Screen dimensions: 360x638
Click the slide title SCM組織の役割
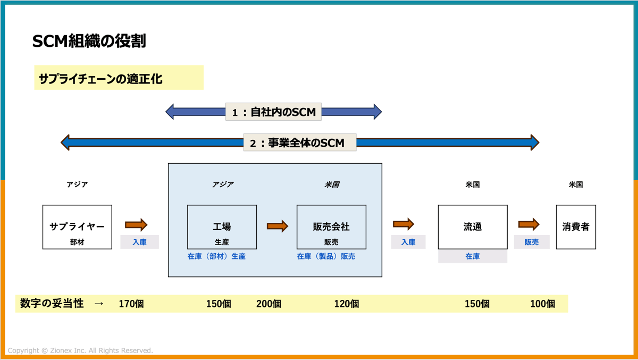[x=89, y=41]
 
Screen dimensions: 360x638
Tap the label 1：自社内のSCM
[x=273, y=112]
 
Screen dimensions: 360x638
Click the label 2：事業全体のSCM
[x=300, y=143]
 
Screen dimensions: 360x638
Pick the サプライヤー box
[x=77, y=227]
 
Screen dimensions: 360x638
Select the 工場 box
[x=222, y=227]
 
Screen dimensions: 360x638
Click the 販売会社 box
[x=331, y=227]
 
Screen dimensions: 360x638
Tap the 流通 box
[x=472, y=227]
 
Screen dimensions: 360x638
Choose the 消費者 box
[x=576, y=227]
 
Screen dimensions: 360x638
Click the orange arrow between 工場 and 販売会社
[x=277, y=226]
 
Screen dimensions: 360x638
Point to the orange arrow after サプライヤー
[x=136, y=224]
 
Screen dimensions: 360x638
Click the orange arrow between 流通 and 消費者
[x=528, y=224]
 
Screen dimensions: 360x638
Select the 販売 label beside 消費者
[x=532, y=242]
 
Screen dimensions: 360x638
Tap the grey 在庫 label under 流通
[x=472, y=256]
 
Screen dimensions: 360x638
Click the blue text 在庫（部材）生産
[x=216, y=256]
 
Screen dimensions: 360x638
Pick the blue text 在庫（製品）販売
[x=326, y=256]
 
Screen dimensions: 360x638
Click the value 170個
[x=131, y=304]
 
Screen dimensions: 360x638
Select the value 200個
[x=269, y=304]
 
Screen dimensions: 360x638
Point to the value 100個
[x=542, y=304]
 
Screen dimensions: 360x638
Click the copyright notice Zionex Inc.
[x=80, y=350]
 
